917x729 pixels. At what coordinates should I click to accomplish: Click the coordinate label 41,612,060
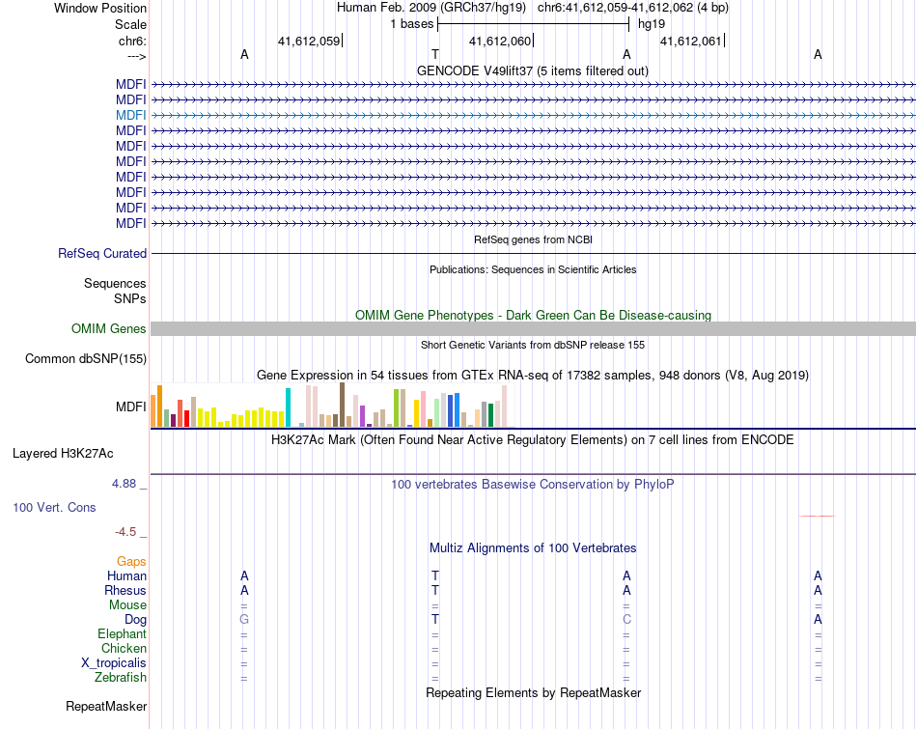(x=500, y=41)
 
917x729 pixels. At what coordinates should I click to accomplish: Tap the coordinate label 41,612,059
(x=309, y=41)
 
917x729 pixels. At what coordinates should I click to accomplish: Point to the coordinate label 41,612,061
(x=691, y=41)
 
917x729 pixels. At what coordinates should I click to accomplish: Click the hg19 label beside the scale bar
(x=652, y=23)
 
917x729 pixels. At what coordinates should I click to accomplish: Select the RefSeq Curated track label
(x=102, y=253)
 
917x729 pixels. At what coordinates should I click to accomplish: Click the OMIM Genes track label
(x=109, y=329)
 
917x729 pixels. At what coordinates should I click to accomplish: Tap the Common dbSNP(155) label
(x=86, y=359)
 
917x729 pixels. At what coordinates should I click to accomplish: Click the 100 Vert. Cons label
(x=54, y=507)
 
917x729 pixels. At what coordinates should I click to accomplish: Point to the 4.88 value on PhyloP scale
(x=128, y=484)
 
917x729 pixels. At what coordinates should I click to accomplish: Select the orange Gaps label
(x=131, y=561)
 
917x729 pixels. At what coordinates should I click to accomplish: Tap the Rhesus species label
(x=125, y=590)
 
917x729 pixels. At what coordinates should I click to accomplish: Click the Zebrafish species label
(x=121, y=677)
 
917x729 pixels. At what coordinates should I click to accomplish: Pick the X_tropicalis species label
(x=114, y=662)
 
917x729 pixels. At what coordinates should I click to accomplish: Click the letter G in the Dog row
(x=244, y=619)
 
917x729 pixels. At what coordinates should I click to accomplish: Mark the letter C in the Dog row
(x=626, y=619)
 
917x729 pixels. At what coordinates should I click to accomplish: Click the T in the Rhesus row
(x=435, y=590)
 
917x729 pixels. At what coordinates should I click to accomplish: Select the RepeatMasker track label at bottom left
(x=106, y=707)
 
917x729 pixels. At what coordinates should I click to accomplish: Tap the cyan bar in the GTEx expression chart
(x=289, y=407)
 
